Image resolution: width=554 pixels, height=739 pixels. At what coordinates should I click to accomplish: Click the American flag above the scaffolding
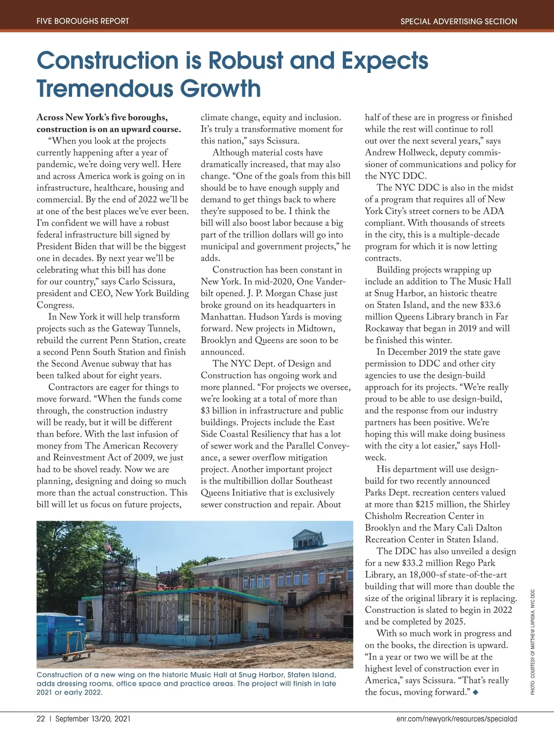click(x=108, y=547)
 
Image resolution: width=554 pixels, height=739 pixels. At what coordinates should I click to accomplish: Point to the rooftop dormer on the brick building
click(x=304, y=539)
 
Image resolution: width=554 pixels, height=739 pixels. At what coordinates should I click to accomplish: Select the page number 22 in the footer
click(x=41, y=719)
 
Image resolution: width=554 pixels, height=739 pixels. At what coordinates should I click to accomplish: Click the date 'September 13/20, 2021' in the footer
click(x=93, y=719)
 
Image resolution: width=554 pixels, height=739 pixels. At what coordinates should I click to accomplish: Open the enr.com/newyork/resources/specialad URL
click(x=457, y=719)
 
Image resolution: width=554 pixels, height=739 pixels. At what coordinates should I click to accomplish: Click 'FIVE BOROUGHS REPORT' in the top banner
click(x=83, y=21)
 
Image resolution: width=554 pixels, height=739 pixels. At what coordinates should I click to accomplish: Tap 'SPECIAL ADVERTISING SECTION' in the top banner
click(x=458, y=21)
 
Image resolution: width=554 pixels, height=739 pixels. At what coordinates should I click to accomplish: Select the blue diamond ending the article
click(x=476, y=692)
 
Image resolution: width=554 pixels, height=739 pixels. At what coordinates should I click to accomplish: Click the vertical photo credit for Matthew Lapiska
click(x=532, y=642)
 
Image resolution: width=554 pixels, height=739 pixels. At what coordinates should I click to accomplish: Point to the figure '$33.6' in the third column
click(x=490, y=305)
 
